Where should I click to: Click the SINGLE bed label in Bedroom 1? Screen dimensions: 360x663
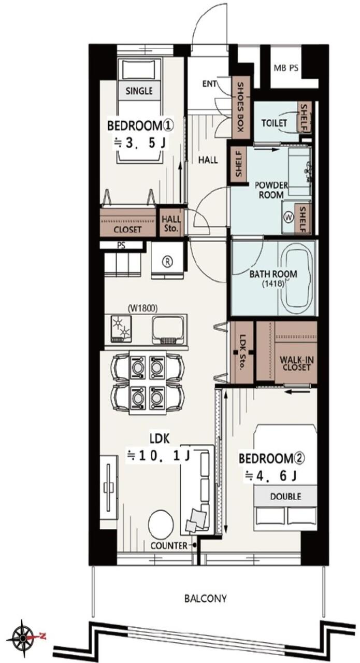coord(139,91)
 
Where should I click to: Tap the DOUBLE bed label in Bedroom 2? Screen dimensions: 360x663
coord(285,497)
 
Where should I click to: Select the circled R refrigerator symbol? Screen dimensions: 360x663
coord(168,261)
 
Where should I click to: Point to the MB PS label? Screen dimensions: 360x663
coord(286,68)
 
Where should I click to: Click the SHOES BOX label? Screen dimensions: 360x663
coord(241,107)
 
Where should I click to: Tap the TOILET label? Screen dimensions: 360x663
coord(274,123)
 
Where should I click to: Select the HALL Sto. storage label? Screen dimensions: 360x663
coord(171,224)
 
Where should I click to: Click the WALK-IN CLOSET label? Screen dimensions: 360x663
coord(296,364)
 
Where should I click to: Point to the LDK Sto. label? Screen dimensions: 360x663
coord(242,353)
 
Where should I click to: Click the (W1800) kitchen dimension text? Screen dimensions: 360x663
coord(142,309)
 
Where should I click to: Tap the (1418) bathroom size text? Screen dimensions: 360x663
coord(273,284)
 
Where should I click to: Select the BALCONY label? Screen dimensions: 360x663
coord(205,599)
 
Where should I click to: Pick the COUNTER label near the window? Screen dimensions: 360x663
coord(169,545)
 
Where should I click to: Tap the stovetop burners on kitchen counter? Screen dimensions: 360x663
coord(121,329)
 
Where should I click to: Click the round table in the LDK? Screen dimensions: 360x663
coord(161,525)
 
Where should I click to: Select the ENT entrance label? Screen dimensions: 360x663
coord(209,84)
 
